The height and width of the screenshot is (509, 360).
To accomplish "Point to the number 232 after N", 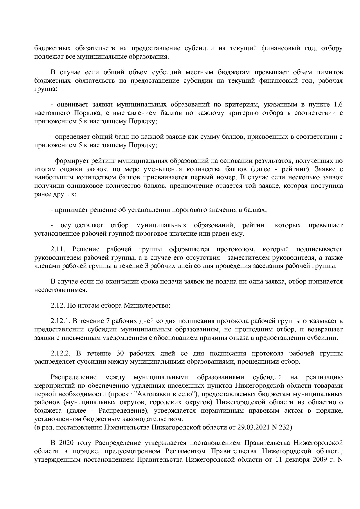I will [x=285, y=427].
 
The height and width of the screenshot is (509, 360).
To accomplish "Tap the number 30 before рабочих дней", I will [x=120, y=353].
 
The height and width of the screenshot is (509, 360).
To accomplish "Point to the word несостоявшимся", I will [x=60, y=290].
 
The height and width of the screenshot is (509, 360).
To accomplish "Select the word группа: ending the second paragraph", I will [x=46, y=89].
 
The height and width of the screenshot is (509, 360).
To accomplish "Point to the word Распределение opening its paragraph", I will [x=73, y=377].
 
